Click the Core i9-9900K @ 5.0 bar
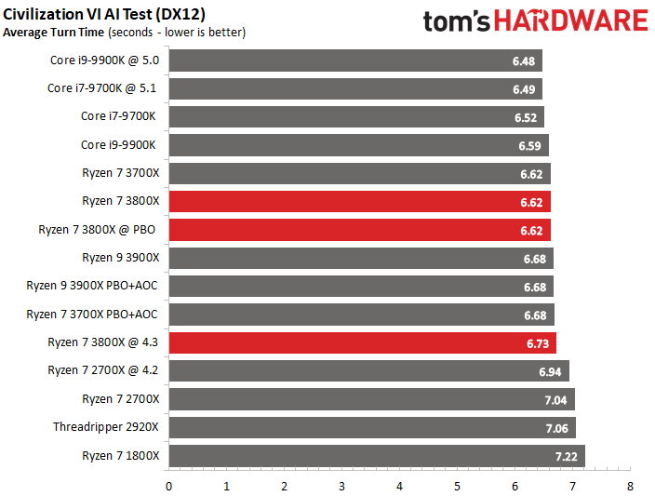coord(354,60)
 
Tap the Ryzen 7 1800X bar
coord(376,456)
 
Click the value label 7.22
coord(567,456)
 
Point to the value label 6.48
coord(524,60)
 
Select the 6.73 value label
coord(538,342)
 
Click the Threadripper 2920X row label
coord(106,427)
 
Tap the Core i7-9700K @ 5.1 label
coord(103,88)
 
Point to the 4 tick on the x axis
coord(399,487)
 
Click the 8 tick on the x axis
coord(630,487)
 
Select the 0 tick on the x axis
coord(168,487)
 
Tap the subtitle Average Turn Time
coord(54,33)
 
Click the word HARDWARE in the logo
coord(571,21)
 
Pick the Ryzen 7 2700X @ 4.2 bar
coord(368,370)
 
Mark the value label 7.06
coord(557,427)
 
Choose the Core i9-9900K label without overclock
coord(120,144)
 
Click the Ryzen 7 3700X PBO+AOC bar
coord(361,314)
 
